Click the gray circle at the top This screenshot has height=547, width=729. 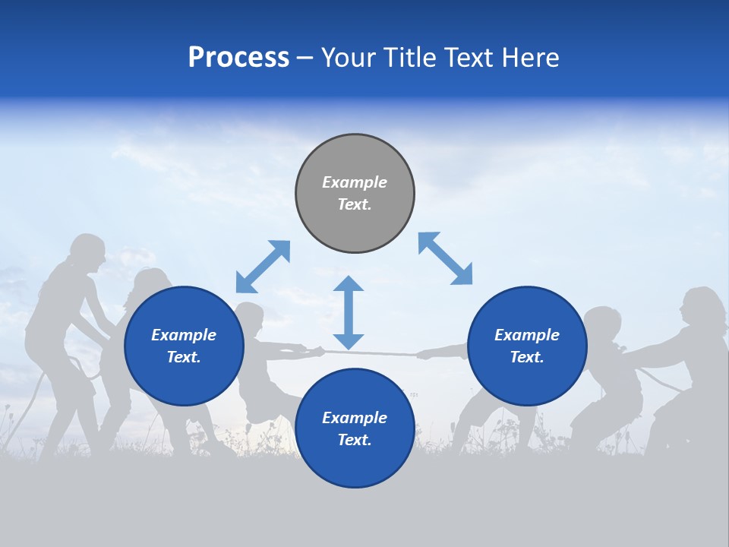355,194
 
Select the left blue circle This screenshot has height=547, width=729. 184,346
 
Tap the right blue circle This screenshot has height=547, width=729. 527,346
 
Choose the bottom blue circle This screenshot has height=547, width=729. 355,428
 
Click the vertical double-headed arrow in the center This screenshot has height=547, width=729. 349,312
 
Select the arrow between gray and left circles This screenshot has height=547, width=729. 263,267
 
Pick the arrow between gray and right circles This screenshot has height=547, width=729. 445,258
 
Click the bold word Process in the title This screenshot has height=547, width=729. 238,58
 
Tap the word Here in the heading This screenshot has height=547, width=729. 531,58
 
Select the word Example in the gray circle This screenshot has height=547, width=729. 355,182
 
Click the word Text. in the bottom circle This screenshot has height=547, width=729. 355,440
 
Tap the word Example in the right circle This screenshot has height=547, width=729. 527,335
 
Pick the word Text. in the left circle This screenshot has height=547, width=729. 184,358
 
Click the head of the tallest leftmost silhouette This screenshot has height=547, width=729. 87,254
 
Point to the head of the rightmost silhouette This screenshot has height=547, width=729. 700,306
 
